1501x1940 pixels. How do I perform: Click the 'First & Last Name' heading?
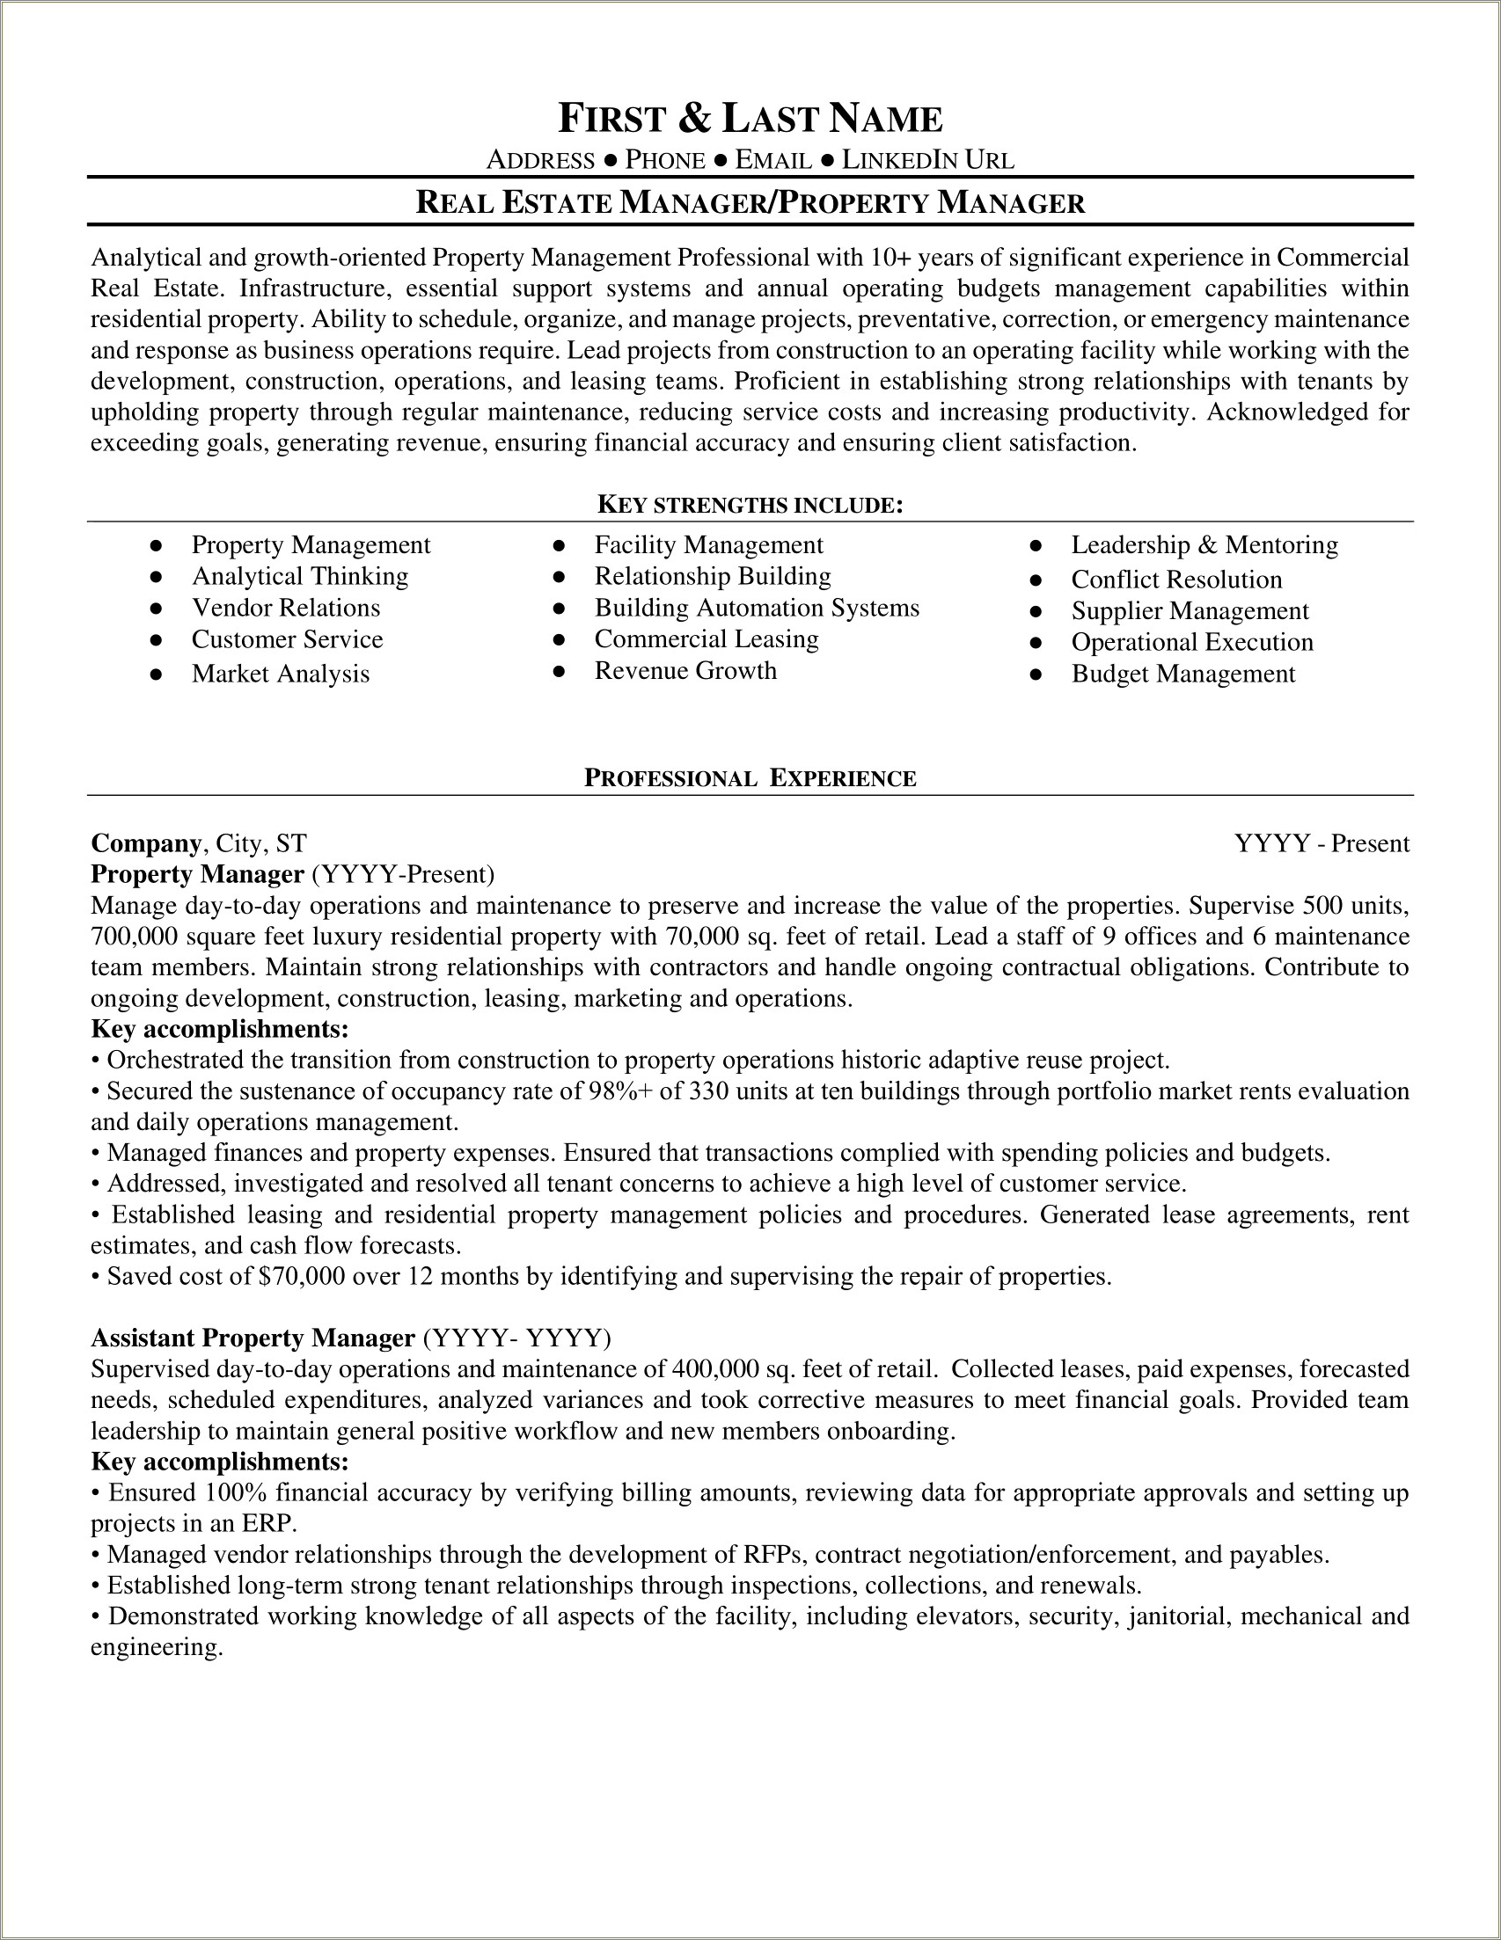(x=750, y=119)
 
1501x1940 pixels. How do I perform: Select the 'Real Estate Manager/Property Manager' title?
(x=750, y=203)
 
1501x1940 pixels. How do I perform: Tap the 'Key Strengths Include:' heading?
(x=750, y=506)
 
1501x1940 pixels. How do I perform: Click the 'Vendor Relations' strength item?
(x=285, y=608)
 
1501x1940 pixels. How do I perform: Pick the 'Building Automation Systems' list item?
(x=757, y=608)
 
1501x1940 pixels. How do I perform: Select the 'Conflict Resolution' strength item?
(x=1175, y=580)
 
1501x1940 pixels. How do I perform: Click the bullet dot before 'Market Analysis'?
(x=157, y=675)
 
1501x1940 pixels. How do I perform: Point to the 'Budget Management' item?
(x=1182, y=674)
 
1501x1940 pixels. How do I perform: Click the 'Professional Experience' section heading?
(x=750, y=778)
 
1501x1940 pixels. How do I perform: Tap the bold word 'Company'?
(x=146, y=842)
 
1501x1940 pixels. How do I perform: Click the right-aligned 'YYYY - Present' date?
(x=1322, y=843)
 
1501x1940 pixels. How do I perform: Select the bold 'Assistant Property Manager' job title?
(x=253, y=1338)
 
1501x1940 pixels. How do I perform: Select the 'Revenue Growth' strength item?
(x=685, y=671)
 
